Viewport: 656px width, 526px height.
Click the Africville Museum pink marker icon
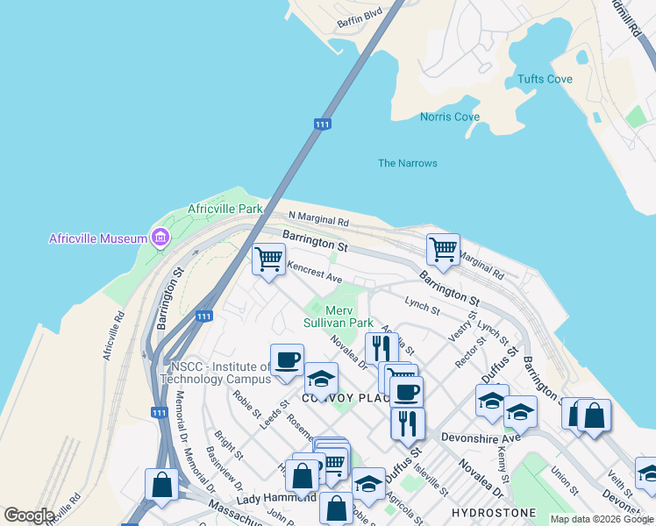click(160, 238)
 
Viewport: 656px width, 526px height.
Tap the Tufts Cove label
click(545, 79)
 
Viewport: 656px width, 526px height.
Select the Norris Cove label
click(449, 117)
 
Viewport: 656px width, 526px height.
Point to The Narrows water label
click(407, 163)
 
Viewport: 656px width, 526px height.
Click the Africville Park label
click(225, 210)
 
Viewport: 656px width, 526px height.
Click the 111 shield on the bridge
click(323, 125)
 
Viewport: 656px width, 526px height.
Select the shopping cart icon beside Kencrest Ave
click(268, 259)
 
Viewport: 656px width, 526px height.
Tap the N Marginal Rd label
click(318, 218)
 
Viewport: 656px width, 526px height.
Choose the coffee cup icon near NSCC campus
click(286, 359)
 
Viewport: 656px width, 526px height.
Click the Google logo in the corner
click(29, 515)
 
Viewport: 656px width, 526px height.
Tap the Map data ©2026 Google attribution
click(601, 519)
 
